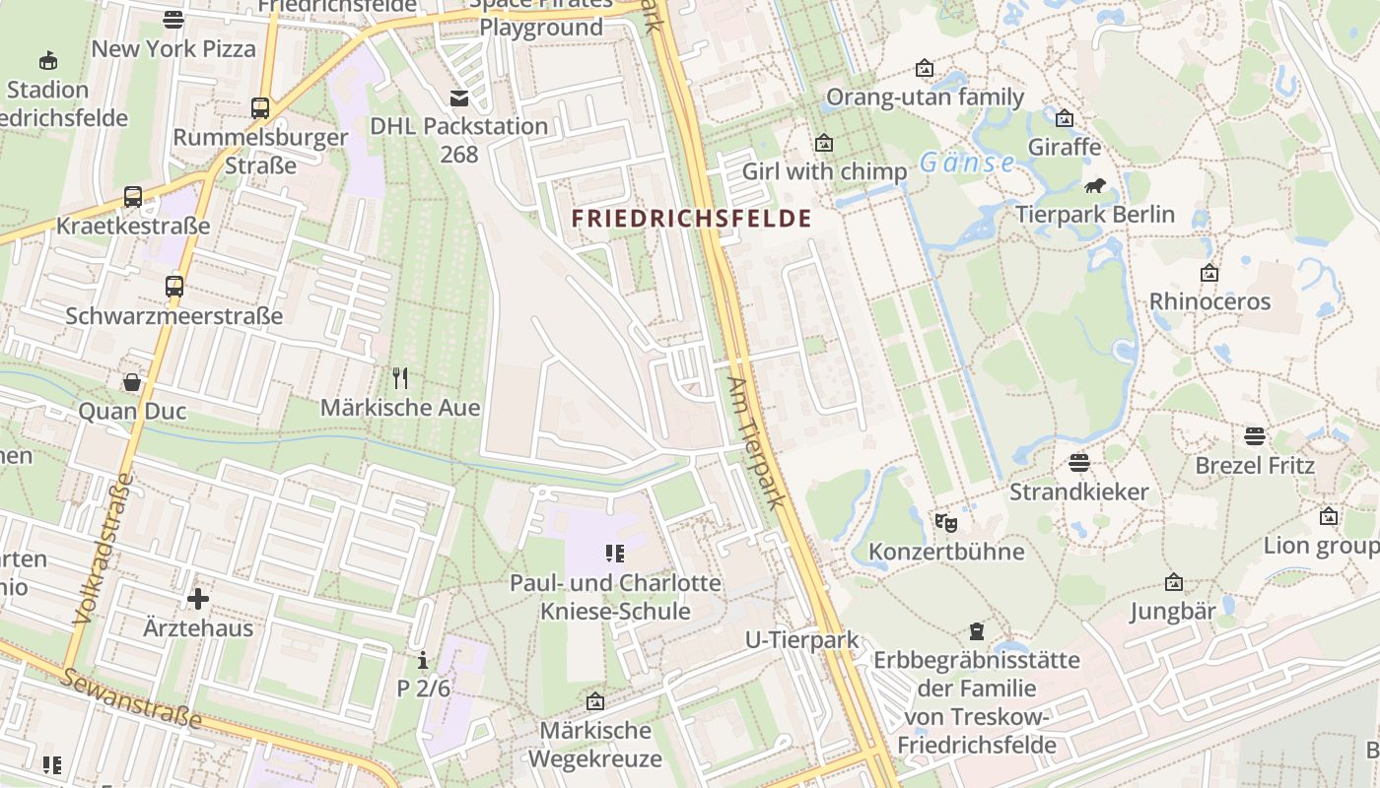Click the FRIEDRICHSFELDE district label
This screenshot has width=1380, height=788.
pyautogui.click(x=692, y=219)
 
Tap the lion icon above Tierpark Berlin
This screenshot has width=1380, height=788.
pyautogui.click(x=1095, y=185)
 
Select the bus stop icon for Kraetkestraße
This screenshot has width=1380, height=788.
pyautogui.click(x=133, y=197)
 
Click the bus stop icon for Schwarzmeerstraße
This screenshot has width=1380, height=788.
pyautogui.click(x=174, y=287)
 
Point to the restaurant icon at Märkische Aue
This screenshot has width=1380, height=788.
pyautogui.click(x=400, y=378)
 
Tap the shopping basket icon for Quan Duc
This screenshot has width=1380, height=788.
pyautogui.click(x=132, y=382)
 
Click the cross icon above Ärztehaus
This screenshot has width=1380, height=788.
pyautogui.click(x=198, y=598)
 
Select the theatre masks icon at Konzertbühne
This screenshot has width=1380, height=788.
pyautogui.click(x=946, y=522)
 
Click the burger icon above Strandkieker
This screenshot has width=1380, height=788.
pyautogui.click(x=1078, y=462)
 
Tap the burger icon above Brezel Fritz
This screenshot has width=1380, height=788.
pyautogui.click(x=1255, y=435)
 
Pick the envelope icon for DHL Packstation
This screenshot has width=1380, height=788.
pyautogui.click(x=459, y=98)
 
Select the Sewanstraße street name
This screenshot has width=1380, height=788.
pyautogui.click(x=131, y=699)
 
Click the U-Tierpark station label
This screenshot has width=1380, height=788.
pyautogui.click(x=801, y=640)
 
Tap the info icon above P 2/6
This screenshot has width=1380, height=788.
pyautogui.click(x=423, y=659)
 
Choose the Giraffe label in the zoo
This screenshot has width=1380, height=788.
pyautogui.click(x=1064, y=148)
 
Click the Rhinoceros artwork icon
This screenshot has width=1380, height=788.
pyautogui.click(x=1209, y=273)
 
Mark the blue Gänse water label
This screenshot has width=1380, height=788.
pyautogui.click(x=967, y=163)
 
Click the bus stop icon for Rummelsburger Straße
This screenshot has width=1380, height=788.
pyautogui.click(x=260, y=108)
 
